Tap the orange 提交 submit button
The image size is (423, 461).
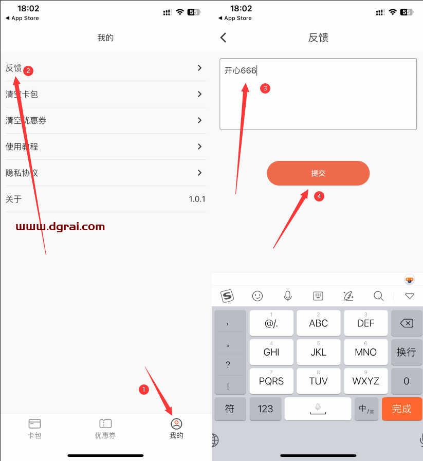pos(318,173)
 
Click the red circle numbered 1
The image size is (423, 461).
pos(144,390)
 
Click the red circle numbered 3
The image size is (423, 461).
pos(265,88)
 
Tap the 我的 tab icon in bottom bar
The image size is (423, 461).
pos(176,424)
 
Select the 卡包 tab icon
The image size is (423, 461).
pos(34,424)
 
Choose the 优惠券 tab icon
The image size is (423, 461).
pos(105,424)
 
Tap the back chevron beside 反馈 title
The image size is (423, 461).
pos(223,38)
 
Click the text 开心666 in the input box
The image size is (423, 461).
pos(240,70)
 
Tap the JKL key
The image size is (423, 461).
pos(318,352)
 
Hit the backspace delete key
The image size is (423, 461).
pos(406,323)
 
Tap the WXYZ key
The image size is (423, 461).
pos(365,381)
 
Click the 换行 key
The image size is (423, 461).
pos(406,352)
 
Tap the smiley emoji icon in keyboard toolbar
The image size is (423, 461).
pos(258,296)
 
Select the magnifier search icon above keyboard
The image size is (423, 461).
pos(378,296)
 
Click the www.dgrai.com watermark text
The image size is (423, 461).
pos(60,227)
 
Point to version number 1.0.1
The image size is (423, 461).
pos(197,199)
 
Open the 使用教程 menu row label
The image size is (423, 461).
pos(22,146)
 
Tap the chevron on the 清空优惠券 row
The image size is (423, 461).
pos(199,120)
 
